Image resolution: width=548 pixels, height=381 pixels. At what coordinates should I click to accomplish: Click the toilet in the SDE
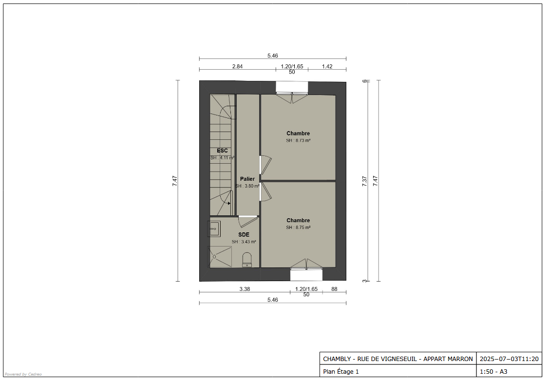tap(247, 260)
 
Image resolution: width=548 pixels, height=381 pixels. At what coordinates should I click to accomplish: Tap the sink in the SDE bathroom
tap(214, 229)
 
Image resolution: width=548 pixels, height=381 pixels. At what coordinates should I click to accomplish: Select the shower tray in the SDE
tap(220, 257)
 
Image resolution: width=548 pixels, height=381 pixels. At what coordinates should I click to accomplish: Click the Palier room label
tap(247, 179)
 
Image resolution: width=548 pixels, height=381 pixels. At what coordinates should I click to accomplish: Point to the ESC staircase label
tap(222, 151)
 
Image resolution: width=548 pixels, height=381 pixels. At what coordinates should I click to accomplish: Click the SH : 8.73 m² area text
tap(298, 140)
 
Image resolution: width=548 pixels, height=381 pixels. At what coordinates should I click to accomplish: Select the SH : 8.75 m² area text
tap(298, 228)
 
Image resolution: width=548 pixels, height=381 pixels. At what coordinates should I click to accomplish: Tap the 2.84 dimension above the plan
tap(237, 66)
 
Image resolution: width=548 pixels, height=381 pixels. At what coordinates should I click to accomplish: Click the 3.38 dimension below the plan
tap(245, 289)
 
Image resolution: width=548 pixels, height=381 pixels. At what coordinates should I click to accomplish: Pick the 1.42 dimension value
tap(327, 66)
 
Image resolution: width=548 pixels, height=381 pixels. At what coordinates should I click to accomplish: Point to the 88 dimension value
tap(335, 289)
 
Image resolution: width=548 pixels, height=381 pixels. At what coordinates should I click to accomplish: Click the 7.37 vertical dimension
tap(364, 181)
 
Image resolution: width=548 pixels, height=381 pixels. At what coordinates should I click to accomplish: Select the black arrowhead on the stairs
tap(229, 203)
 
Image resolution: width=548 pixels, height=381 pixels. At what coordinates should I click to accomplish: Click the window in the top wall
tap(292, 88)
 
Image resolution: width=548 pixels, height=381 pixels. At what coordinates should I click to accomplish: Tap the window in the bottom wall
tap(306, 274)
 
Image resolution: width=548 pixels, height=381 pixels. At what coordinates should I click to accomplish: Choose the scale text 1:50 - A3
tap(493, 372)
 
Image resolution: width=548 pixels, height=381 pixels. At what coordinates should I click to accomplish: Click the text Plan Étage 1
tap(341, 372)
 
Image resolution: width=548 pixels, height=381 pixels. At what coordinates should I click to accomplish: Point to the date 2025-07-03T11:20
tap(509, 359)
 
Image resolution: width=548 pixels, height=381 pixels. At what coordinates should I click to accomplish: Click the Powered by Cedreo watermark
tap(23, 374)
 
